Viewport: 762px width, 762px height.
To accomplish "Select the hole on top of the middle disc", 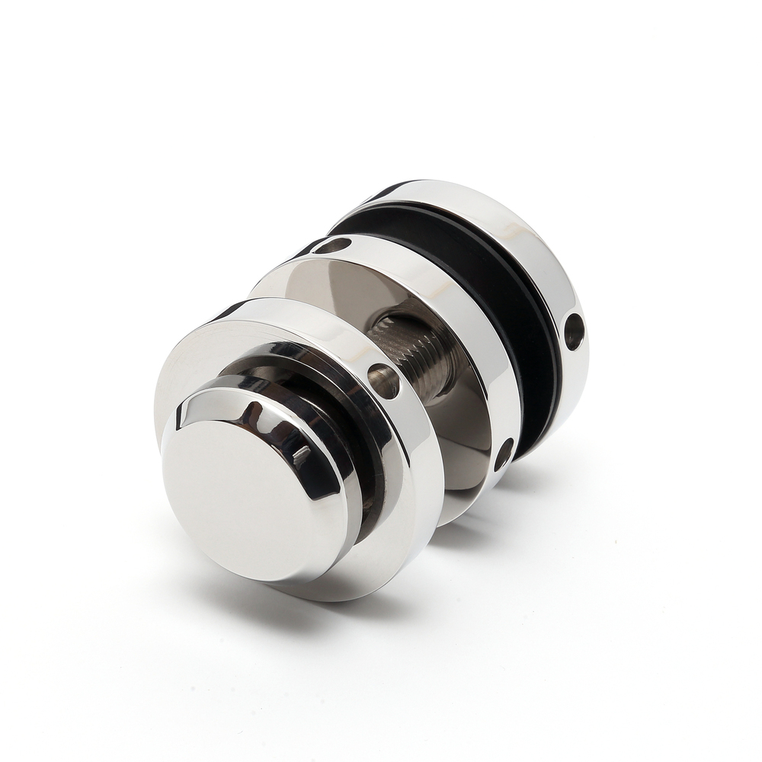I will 333,245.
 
